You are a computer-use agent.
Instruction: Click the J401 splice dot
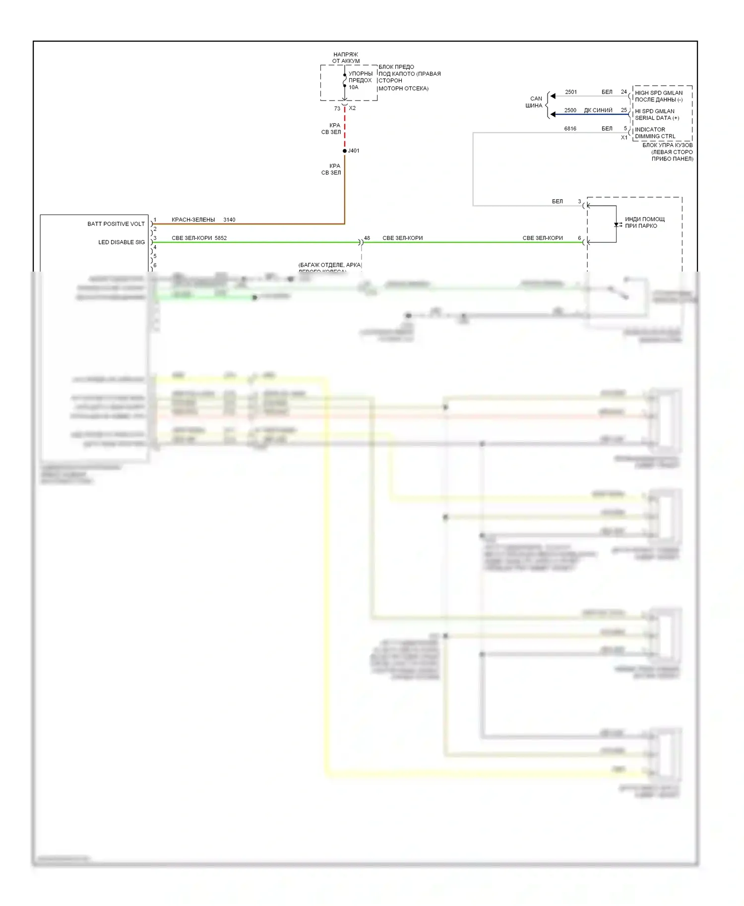[345, 151]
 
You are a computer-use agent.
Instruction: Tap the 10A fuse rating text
[353, 87]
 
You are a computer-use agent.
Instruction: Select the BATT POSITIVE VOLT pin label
[116, 224]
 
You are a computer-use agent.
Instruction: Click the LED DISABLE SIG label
[122, 242]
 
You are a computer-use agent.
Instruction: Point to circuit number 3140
[229, 220]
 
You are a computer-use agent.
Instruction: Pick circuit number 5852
[221, 238]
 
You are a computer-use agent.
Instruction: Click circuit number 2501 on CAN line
[571, 92]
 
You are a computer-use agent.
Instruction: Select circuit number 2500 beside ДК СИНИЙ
[570, 111]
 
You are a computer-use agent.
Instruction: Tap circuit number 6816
[570, 129]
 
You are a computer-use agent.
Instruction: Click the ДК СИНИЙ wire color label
[598, 111]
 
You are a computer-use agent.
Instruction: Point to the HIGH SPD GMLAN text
[659, 93]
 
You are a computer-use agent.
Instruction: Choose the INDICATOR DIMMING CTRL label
[655, 133]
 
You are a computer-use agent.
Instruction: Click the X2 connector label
[352, 108]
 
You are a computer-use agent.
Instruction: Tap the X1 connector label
[624, 137]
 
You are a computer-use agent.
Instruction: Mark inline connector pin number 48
[367, 238]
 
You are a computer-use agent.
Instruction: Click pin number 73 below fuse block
[337, 109]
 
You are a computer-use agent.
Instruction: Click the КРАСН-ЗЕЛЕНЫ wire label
[193, 220]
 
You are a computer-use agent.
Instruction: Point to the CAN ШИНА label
[535, 102]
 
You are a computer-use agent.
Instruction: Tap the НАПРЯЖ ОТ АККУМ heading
[346, 57]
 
